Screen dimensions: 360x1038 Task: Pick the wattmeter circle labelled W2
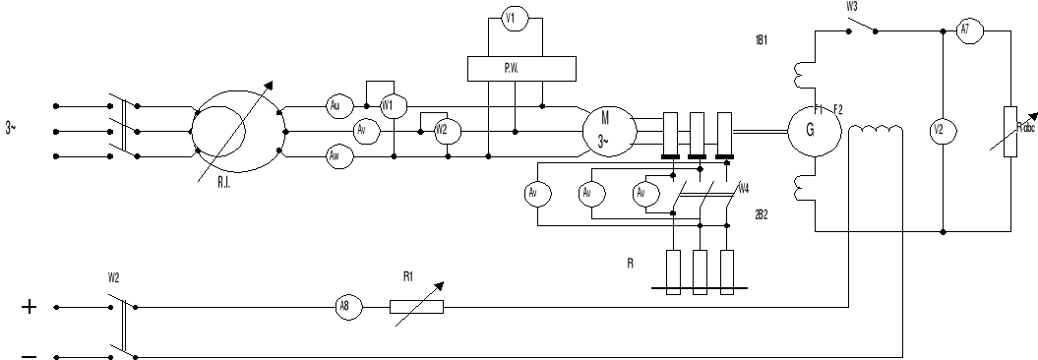point(441,130)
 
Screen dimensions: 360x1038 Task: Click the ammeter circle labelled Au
point(336,105)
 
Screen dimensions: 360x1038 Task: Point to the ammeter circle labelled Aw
point(336,155)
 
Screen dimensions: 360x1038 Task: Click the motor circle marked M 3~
point(603,130)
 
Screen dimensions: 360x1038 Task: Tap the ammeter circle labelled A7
point(965,30)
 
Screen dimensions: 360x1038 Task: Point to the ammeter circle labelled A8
point(344,308)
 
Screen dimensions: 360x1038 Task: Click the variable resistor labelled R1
point(416,307)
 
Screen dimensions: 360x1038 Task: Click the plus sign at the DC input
point(30,308)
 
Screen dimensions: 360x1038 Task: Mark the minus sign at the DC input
point(30,356)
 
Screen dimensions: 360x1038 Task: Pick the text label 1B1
point(759,41)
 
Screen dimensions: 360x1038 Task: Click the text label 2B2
point(759,212)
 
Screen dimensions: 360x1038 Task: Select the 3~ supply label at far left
point(11,129)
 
